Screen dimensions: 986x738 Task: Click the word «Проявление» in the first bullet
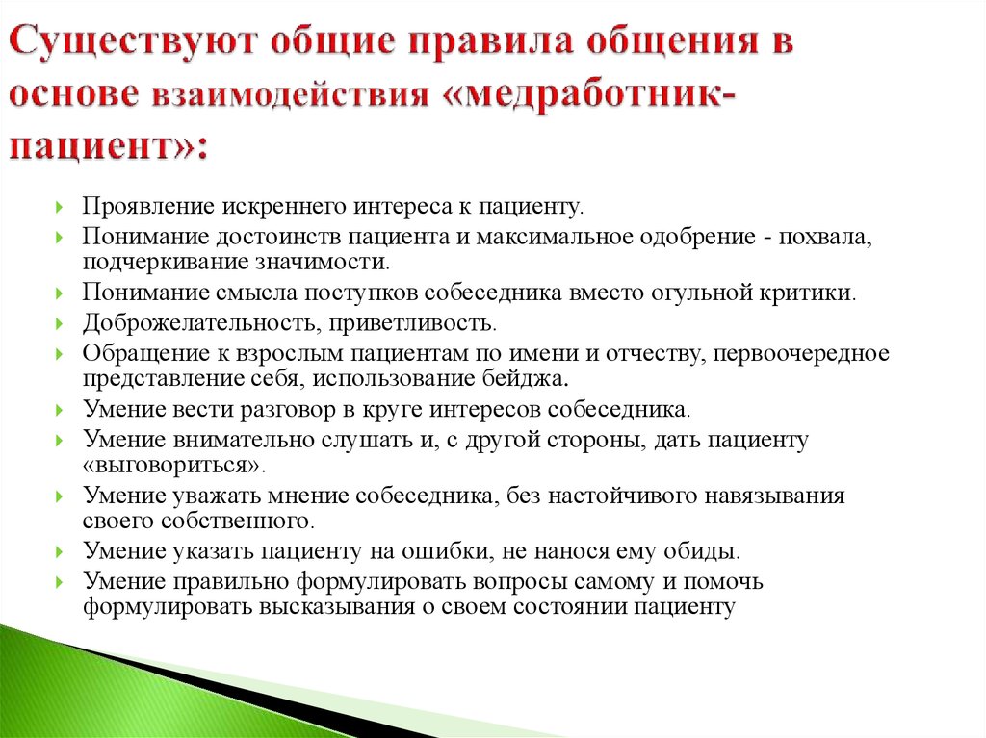(x=148, y=206)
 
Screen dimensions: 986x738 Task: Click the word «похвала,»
(x=825, y=237)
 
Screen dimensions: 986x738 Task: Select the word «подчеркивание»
(x=166, y=262)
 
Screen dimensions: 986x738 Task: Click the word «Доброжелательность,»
(x=202, y=323)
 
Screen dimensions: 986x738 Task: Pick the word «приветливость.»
(x=413, y=323)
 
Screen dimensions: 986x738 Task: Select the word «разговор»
(x=288, y=410)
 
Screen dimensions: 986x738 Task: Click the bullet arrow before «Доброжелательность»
(x=59, y=323)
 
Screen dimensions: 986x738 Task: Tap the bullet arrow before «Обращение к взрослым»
(x=59, y=354)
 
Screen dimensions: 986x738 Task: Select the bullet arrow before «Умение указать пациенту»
(x=59, y=552)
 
